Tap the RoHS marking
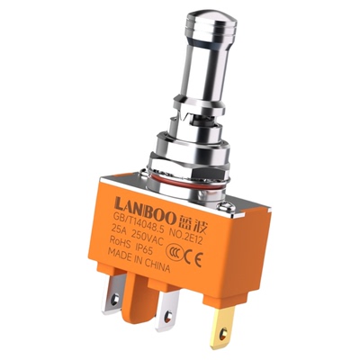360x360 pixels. tap(121, 242)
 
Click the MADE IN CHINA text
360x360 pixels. tap(139, 260)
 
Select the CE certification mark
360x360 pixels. tap(193, 257)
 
